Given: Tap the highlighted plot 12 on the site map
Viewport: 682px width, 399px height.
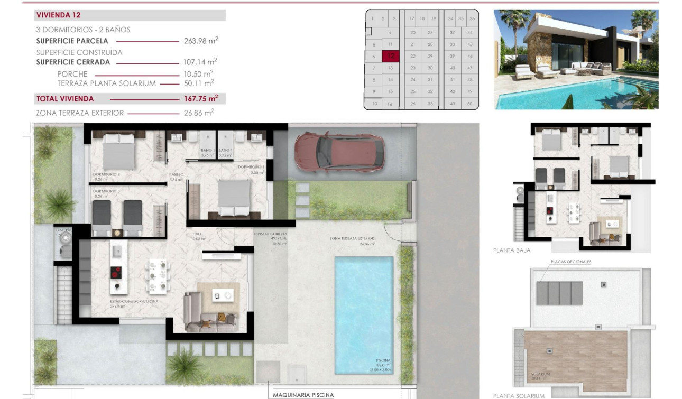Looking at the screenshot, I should click(391, 55).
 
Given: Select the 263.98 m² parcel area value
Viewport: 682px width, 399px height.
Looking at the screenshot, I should click(200, 41).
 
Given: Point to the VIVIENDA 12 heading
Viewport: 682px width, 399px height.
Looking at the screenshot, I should click(59, 15).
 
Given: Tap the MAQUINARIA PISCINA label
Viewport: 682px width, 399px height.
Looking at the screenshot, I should click(303, 394).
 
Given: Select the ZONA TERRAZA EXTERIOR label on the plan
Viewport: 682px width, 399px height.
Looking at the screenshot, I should click(352, 238).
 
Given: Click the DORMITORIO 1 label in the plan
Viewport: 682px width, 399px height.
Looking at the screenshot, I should click(250, 167).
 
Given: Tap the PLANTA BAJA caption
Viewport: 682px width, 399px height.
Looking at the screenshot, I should click(511, 250).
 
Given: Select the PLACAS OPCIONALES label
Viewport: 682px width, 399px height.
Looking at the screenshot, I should click(570, 262).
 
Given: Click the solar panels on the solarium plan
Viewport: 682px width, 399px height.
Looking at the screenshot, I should click(559, 293).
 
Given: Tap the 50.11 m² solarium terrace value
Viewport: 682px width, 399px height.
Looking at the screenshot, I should click(200, 83).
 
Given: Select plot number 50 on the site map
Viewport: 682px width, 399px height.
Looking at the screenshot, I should click(469, 104).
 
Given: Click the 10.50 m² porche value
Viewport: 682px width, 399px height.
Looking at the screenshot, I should click(200, 73).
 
